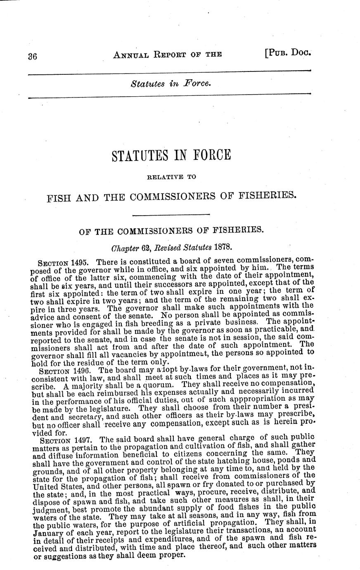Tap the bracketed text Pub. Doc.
pyautogui.click(x=287, y=53)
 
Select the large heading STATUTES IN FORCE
pyautogui.click(x=171, y=156)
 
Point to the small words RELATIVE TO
pyautogui.click(x=171, y=177)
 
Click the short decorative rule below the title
pyautogui.click(x=171, y=214)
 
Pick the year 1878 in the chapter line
pyautogui.click(x=225, y=248)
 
